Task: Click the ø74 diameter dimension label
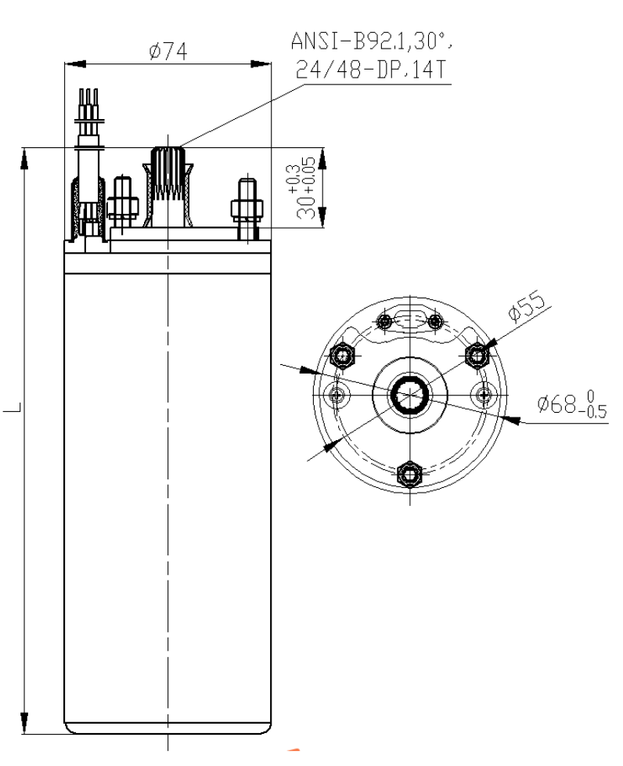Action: (168, 51)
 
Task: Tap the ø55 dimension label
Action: (526, 306)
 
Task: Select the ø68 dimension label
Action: (557, 403)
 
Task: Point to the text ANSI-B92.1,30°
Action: (371, 41)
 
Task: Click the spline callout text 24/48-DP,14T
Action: (371, 70)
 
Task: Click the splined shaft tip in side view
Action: (167, 157)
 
